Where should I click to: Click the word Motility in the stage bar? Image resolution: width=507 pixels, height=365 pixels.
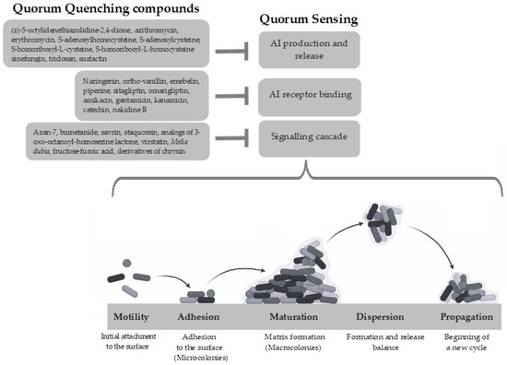point(131,312)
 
